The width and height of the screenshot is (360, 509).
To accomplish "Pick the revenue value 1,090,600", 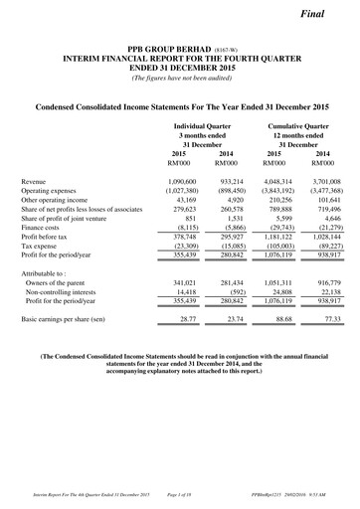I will point(193,182).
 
